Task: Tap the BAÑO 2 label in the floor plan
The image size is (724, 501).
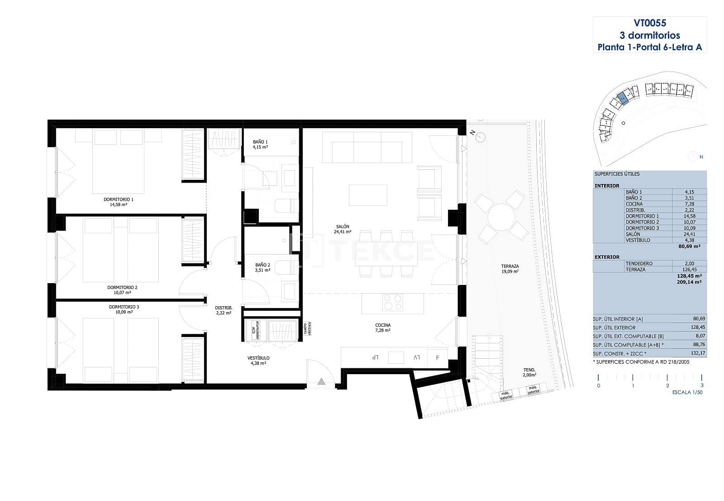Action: pyautogui.click(x=262, y=267)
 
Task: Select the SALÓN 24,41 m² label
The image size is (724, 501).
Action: pyautogui.click(x=343, y=229)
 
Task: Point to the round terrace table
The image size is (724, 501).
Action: pyautogui.click(x=501, y=217)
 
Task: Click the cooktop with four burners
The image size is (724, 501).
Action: pyautogui.click(x=392, y=302)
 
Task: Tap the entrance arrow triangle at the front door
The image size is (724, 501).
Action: pyautogui.click(x=321, y=381)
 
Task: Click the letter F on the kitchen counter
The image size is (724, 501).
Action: pyautogui.click(x=437, y=358)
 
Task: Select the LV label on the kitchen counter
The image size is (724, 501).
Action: pyautogui.click(x=416, y=358)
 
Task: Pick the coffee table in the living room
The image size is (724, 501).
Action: pyautogui.click(x=368, y=195)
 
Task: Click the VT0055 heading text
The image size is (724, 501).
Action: pyautogui.click(x=649, y=23)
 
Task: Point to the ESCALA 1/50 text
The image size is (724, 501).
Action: pyautogui.click(x=687, y=392)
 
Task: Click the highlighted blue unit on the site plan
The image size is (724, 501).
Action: pyautogui.click(x=623, y=97)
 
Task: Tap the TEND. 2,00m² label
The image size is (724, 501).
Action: pyautogui.click(x=529, y=372)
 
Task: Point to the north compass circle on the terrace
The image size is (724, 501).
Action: pyautogui.click(x=481, y=137)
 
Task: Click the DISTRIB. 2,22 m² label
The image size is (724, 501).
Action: pyautogui.click(x=224, y=310)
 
